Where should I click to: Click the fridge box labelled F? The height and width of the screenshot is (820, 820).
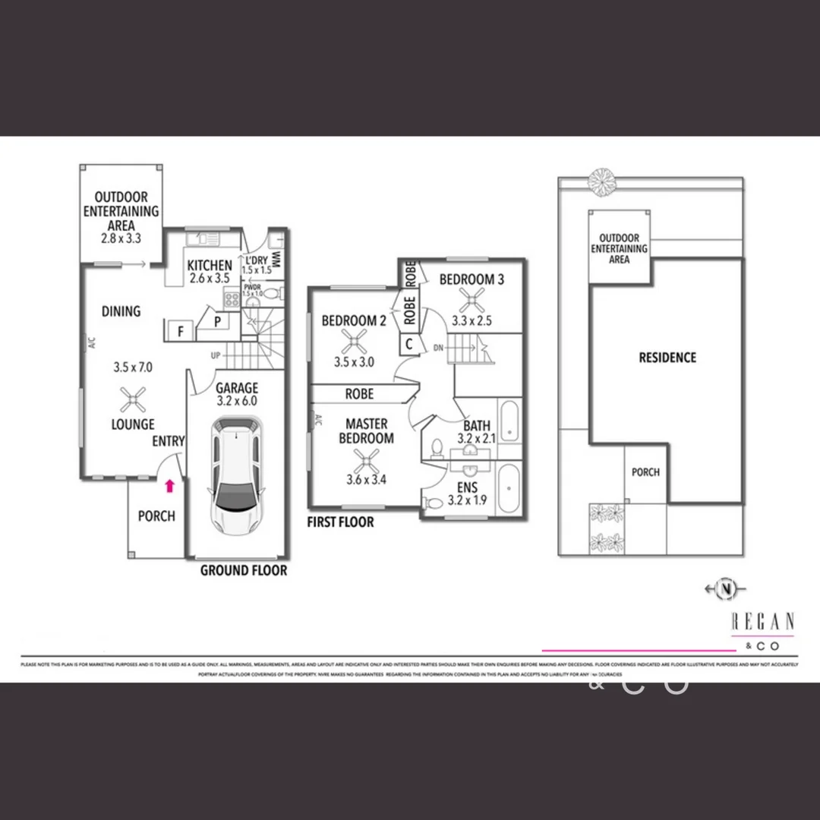click(x=181, y=331)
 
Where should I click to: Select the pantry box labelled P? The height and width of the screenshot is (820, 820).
click(x=217, y=323)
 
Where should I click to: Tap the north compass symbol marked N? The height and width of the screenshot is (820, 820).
click(x=727, y=588)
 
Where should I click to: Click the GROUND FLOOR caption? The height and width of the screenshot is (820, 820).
click(x=244, y=570)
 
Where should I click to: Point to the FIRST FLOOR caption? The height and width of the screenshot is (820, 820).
click(x=340, y=522)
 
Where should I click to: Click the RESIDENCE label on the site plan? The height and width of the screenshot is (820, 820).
click(x=667, y=358)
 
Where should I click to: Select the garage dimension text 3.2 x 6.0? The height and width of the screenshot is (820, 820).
click(x=238, y=402)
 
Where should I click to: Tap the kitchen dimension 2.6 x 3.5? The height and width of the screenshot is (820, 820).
click(x=210, y=279)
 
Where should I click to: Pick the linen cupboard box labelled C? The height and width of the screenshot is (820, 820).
click(x=409, y=344)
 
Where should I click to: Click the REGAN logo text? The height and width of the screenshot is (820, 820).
click(x=762, y=622)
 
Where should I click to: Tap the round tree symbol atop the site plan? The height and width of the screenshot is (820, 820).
click(x=602, y=181)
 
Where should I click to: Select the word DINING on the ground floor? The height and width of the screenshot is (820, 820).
click(x=121, y=311)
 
